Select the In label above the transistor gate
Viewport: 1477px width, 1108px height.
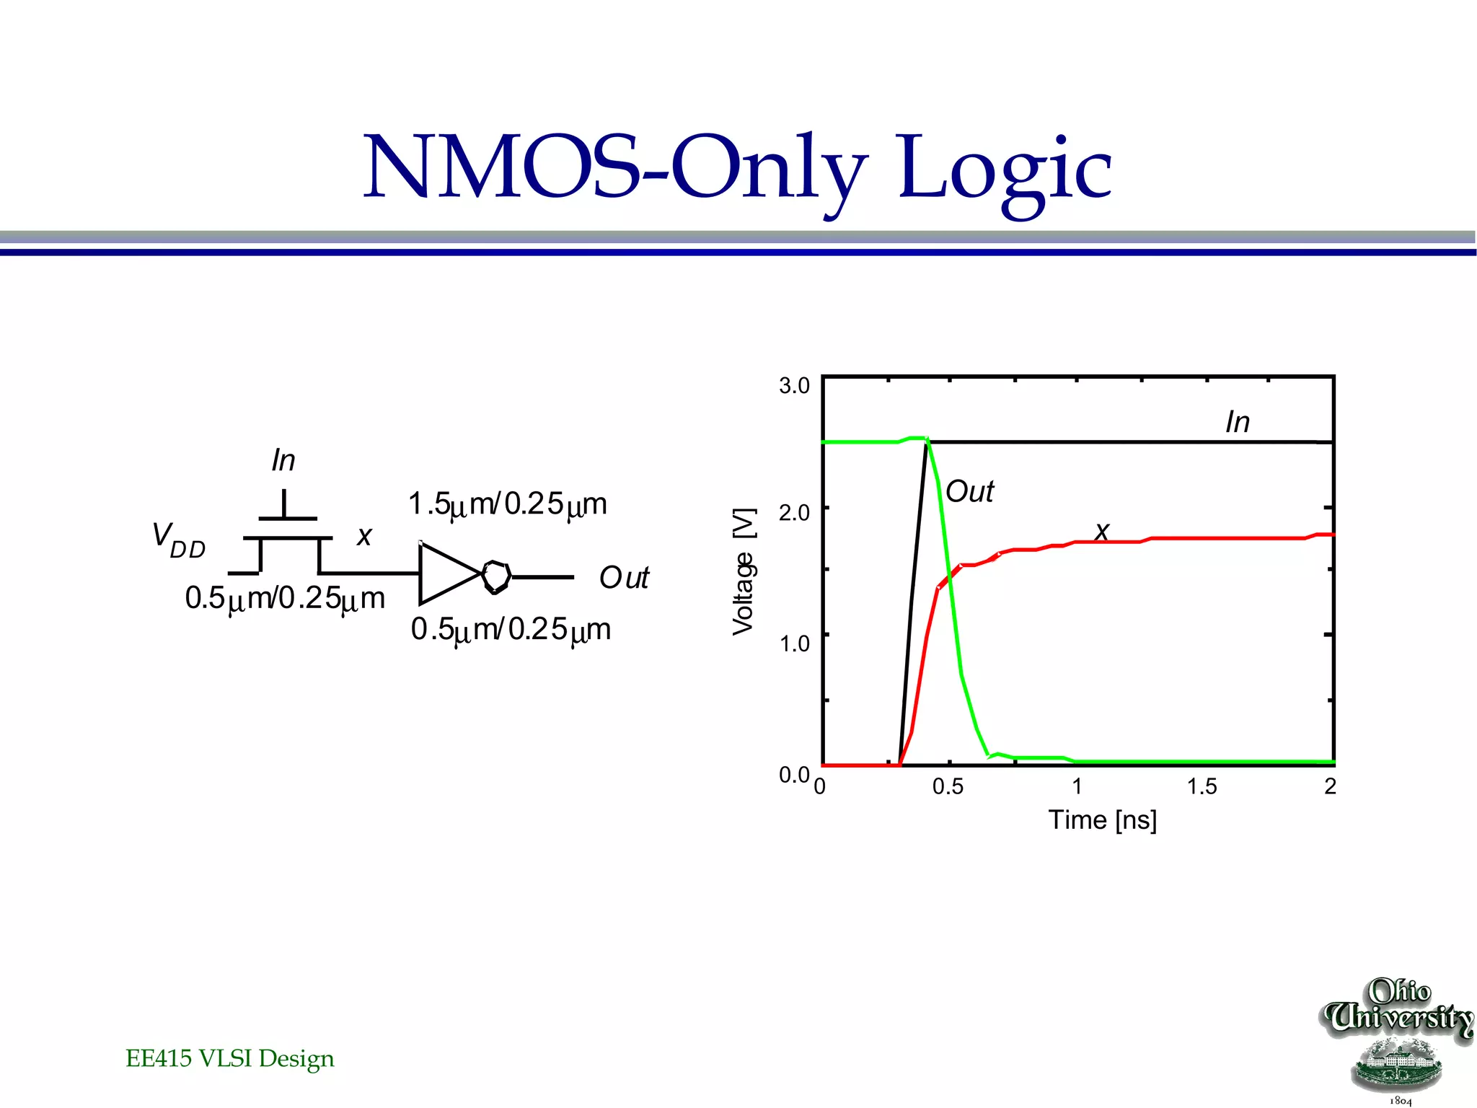point(283,460)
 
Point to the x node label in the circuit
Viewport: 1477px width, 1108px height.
point(364,536)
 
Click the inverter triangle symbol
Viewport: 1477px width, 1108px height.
point(447,573)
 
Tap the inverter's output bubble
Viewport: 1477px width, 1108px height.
point(497,576)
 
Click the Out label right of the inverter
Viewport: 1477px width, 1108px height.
point(624,578)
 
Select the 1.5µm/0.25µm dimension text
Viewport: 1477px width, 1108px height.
point(507,504)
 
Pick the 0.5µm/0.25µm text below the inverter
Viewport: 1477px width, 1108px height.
point(511,630)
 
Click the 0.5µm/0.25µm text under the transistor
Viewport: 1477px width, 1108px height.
point(285,599)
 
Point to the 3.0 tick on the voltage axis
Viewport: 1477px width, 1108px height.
point(794,386)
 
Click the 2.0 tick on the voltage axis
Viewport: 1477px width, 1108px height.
point(794,513)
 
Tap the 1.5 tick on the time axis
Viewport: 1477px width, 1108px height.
point(1202,786)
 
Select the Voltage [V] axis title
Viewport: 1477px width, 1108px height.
point(744,571)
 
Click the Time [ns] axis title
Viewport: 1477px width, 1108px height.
point(1102,820)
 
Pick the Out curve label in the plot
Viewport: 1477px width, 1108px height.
point(969,492)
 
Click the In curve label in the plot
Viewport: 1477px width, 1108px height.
point(1238,423)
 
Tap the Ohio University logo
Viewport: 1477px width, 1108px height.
point(1397,1039)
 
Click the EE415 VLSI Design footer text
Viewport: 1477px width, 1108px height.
point(230,1058)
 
